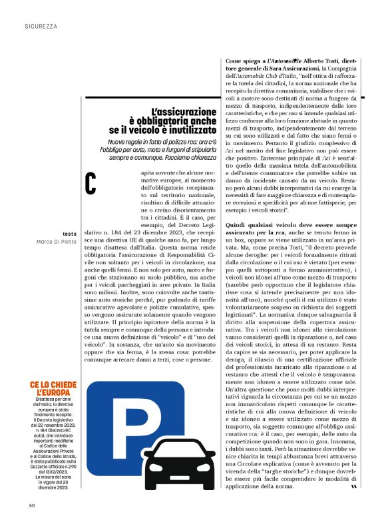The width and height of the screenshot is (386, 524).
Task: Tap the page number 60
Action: [31, 504]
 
